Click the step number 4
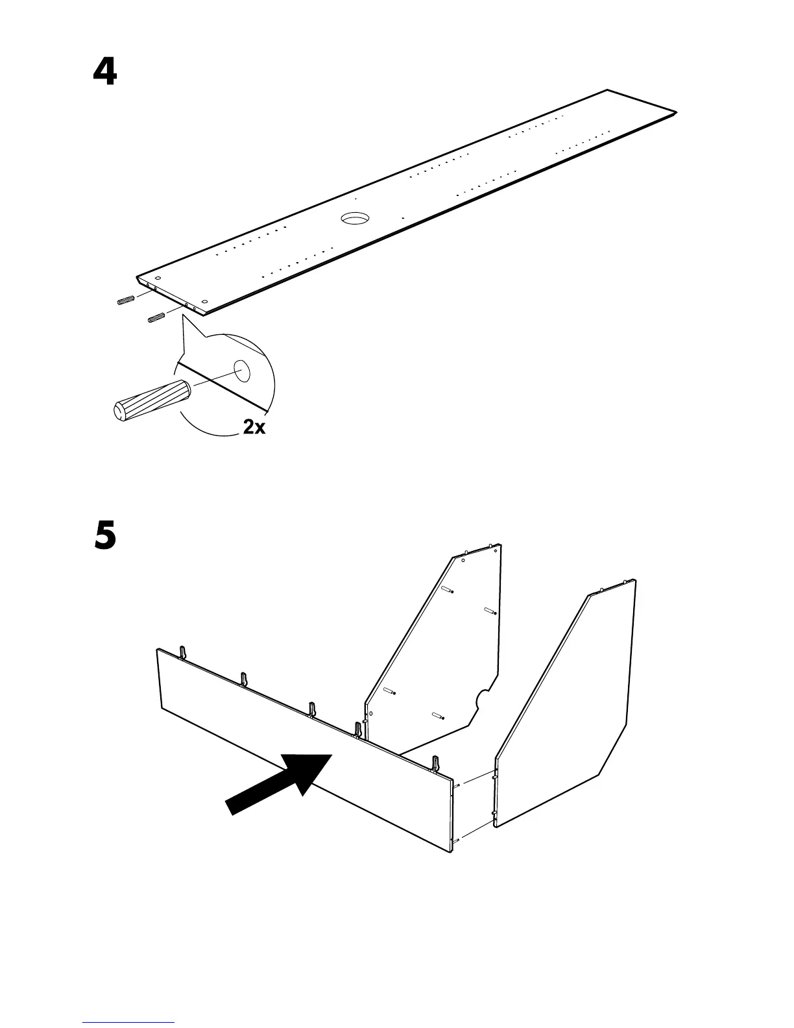[x=105, y=73]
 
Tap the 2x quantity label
[x=254, y=428]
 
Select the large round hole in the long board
[x=355, y=218]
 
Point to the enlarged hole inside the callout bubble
[x=243, y=371]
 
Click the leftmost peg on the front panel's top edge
[x=183, y=651]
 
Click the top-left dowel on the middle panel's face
[x=447, y=589]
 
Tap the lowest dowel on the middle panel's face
[x=437, y=715]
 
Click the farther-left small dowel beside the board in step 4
[x=125, y=300]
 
